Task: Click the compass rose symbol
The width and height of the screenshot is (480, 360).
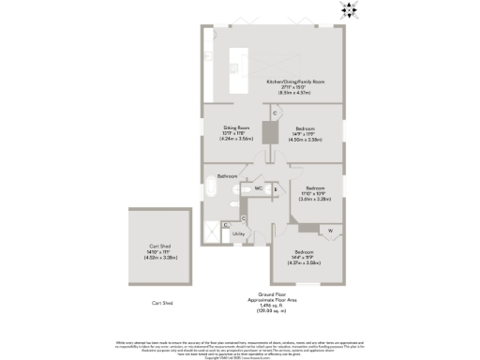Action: coord(350,12)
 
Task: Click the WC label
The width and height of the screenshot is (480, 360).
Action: coord(257,188)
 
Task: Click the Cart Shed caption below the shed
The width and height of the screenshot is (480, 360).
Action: coord(163,303)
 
